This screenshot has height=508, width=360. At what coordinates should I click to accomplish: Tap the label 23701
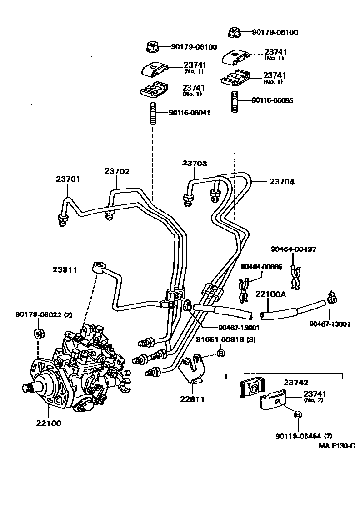point(68,179)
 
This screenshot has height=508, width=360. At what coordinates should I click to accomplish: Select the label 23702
point(117,171)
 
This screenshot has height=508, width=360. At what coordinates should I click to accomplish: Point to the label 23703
point(195,163)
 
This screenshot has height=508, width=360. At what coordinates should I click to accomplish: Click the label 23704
point(282,182)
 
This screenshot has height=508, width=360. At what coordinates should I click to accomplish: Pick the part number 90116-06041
point(189,112)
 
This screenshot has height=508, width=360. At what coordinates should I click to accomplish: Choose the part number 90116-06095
point(272,100)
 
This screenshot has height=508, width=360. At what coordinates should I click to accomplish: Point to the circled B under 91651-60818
point(220,354)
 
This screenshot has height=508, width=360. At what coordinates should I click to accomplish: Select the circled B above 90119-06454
point(298,414)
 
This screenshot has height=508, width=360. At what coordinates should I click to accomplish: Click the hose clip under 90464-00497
point(295,277)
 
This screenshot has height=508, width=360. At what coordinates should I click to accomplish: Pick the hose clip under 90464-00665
point(243,291)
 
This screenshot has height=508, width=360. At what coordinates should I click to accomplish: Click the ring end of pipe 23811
point(98,266)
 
